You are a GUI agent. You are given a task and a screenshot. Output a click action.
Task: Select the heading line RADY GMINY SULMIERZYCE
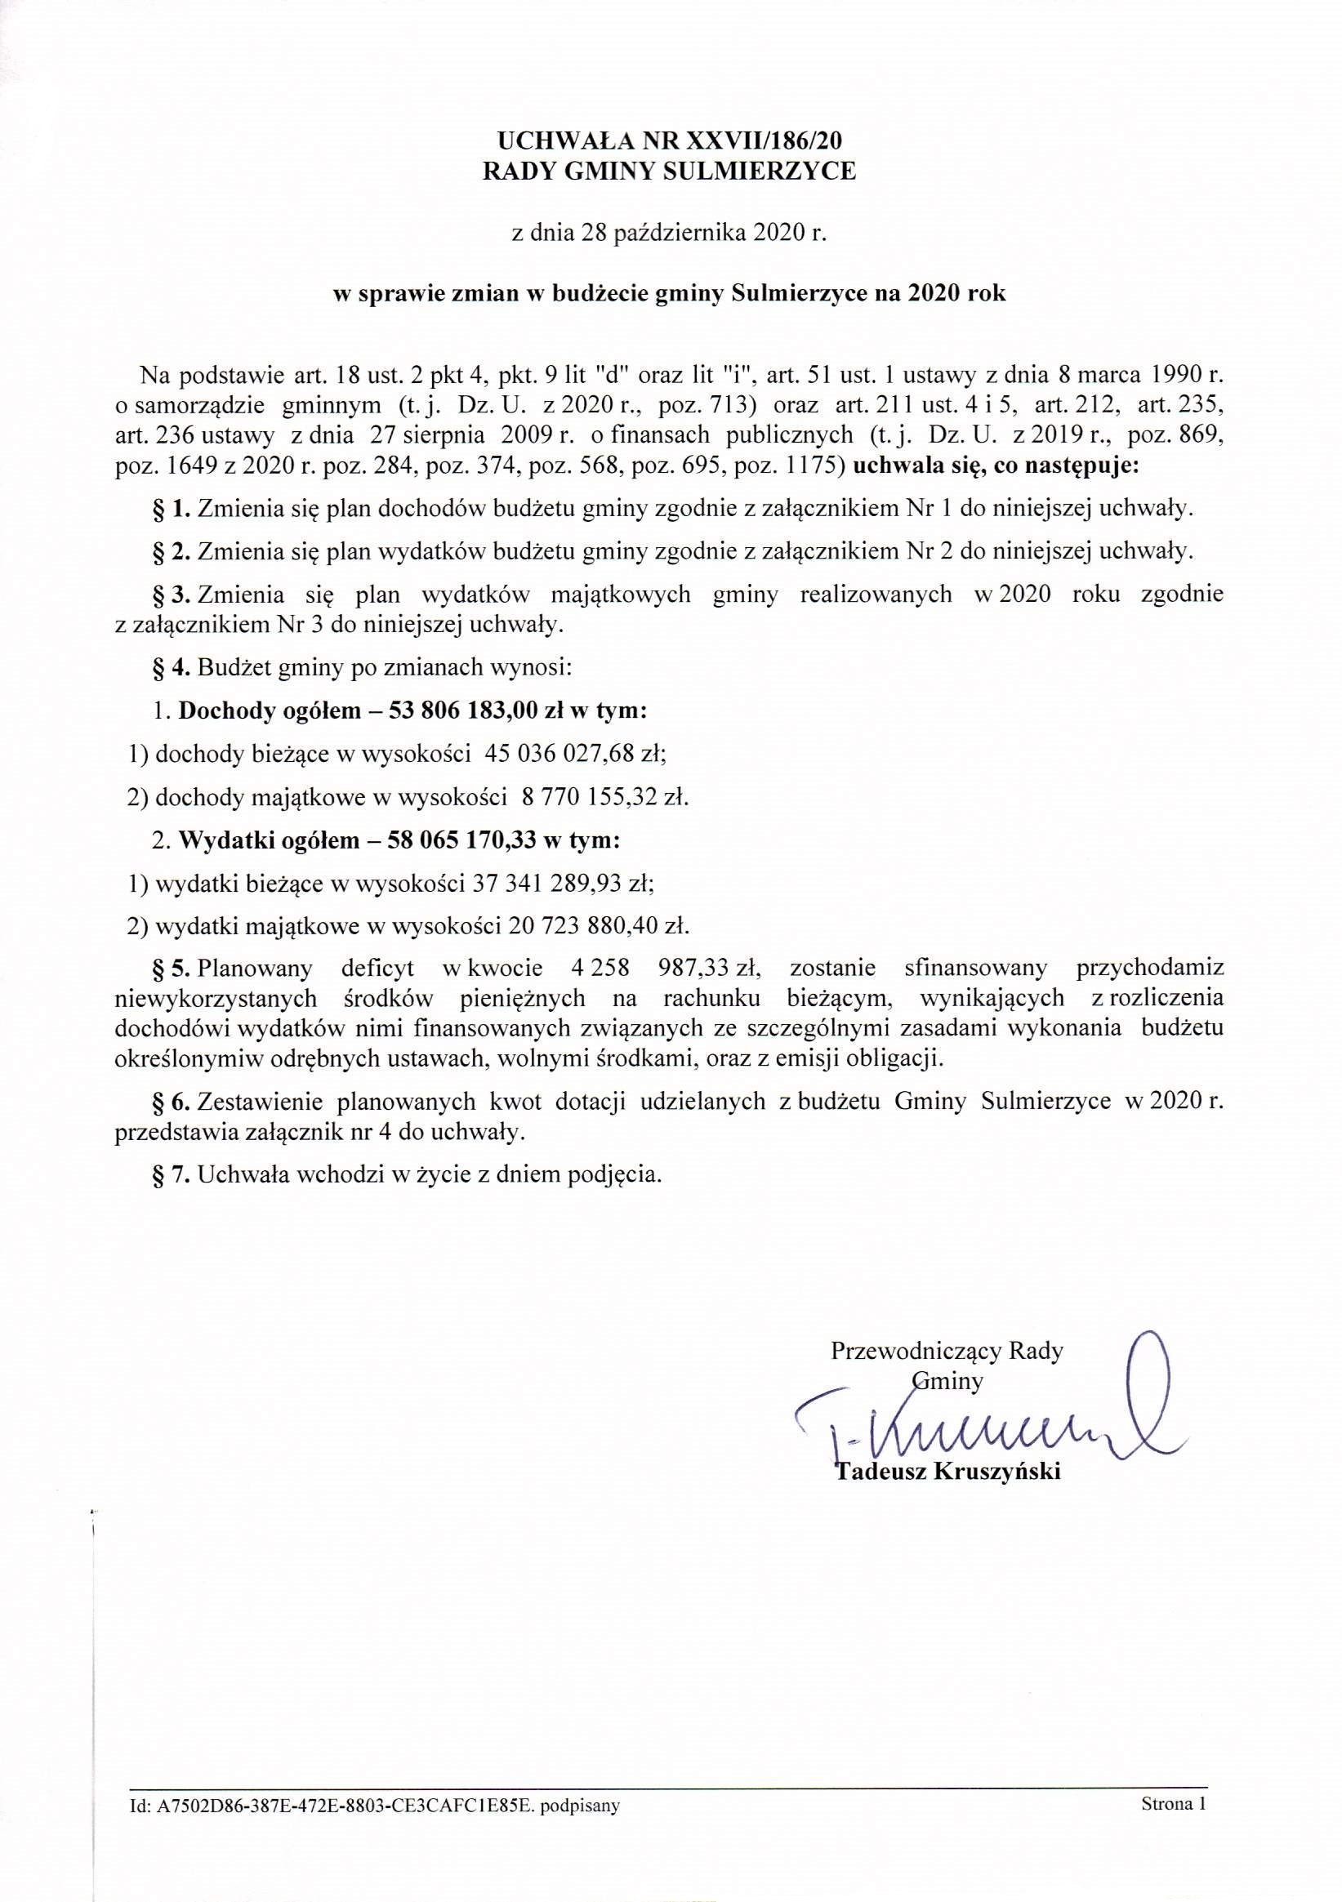(669, 171)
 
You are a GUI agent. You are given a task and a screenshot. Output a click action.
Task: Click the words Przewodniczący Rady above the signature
(946, 1351)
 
